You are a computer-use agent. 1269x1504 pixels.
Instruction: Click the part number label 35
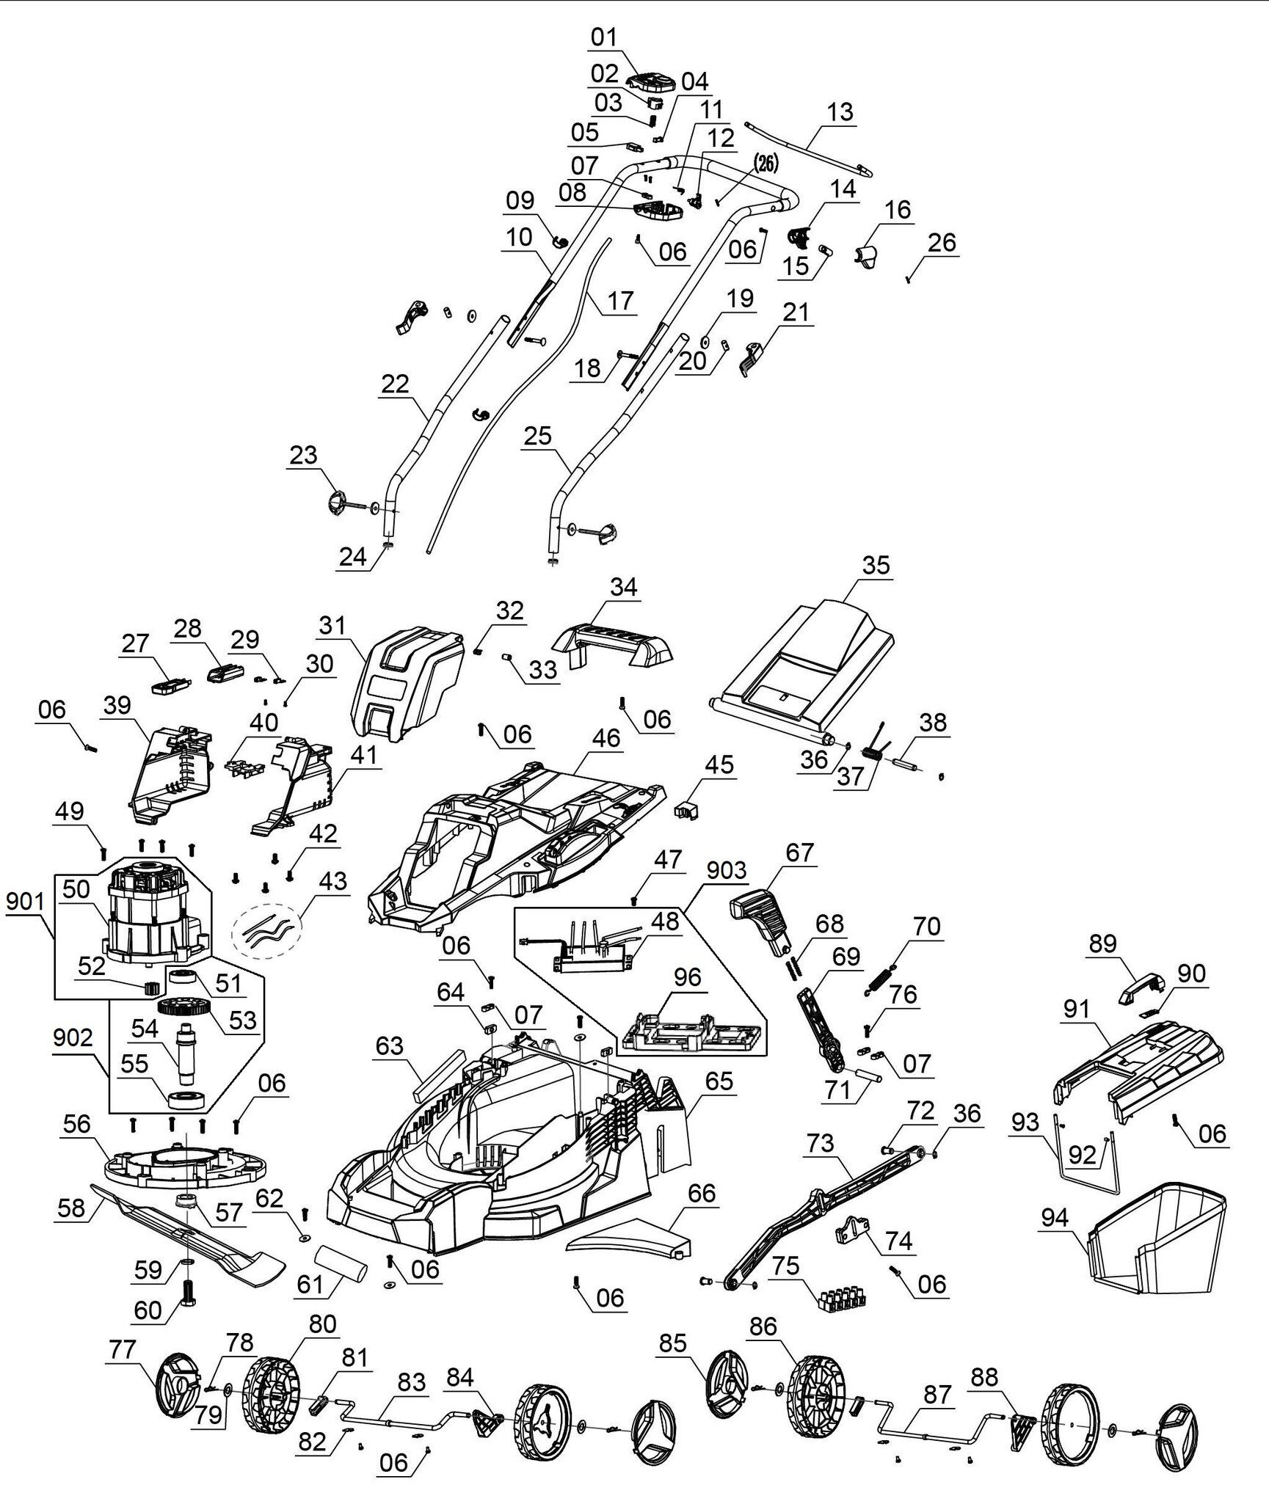[x=876, y=565]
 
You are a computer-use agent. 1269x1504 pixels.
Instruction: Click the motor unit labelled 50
[x=157, y=913]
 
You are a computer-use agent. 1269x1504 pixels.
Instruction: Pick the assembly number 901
[x=25, y=902]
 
